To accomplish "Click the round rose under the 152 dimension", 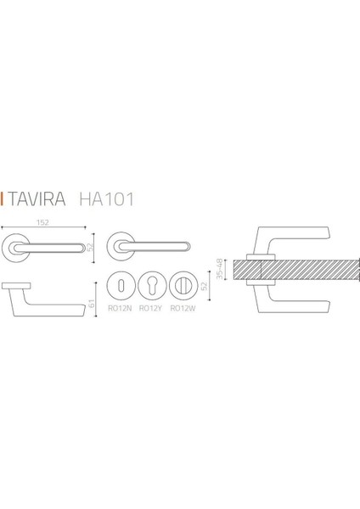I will point(14,246).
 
